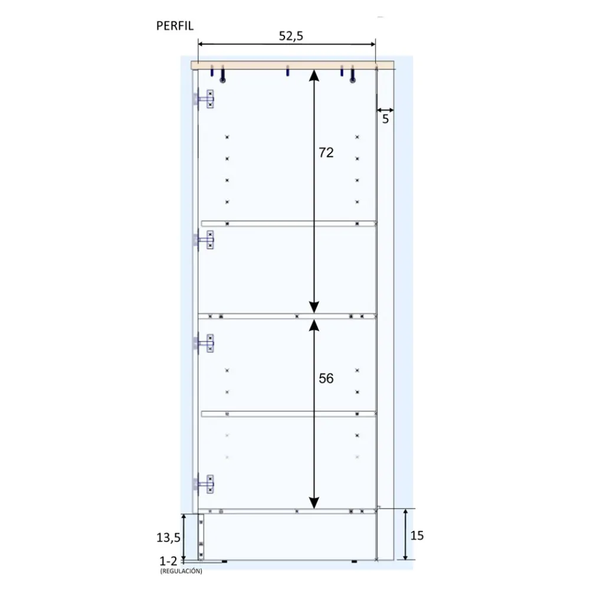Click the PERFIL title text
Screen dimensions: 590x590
point(175,26)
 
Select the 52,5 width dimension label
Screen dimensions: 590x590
point(291,36)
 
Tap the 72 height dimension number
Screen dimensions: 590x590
point(326,153)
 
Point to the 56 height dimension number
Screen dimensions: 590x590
point(326,379)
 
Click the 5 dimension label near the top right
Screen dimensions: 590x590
point(385,119)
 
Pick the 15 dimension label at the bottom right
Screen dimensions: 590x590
point(417,536)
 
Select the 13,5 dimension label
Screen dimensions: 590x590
point(169,538)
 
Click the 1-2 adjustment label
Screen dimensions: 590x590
point(168,562)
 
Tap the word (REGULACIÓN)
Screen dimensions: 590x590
point(181,571)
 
